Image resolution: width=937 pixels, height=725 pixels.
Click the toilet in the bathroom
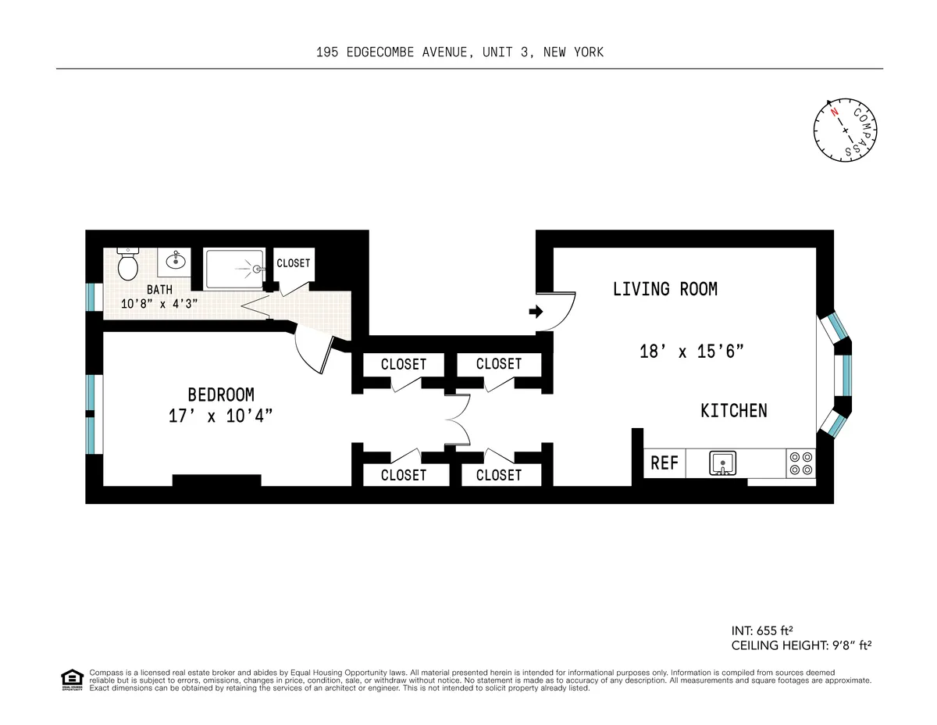[x=128, y=264]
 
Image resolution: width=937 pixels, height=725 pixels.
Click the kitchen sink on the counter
[x=723, y=463]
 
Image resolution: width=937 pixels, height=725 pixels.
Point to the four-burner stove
[x=801, y=463]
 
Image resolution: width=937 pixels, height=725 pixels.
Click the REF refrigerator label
[x=664, y=463]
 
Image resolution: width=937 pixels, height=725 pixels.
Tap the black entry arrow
[x=536, y=312]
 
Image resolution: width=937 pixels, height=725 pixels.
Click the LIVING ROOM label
[x=664, y=289]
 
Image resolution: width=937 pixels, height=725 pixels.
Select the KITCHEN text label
[x=733, y=410]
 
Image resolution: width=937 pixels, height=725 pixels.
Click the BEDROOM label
[x=220, y=395]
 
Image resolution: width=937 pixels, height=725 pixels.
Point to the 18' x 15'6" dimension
[x=690, y=352]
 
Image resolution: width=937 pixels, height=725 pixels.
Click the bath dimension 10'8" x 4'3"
[x=159, y=303]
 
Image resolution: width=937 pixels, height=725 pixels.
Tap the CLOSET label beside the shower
[x=294, y=263]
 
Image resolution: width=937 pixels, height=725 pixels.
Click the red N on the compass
[x=835, y=112]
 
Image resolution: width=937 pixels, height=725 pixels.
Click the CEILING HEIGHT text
[x=800, y=646]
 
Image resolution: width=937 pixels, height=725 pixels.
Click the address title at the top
[x=460, y=52]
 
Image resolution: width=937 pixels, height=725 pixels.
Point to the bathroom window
[x=92, y=296]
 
